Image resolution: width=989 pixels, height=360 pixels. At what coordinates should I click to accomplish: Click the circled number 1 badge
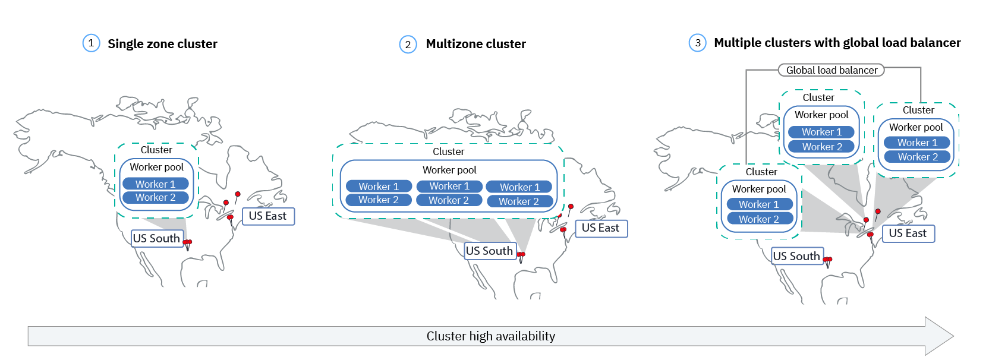tap(91, 43)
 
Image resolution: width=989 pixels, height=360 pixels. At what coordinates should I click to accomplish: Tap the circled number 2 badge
tap(408, 45)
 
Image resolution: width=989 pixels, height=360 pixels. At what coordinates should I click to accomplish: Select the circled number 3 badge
tap(698, 43)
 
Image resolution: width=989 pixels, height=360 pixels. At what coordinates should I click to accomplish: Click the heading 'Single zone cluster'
tap(162, 44)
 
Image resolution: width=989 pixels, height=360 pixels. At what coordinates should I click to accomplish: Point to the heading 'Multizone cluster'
tap(475, 44)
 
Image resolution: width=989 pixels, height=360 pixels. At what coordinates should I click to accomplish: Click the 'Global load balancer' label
tap(831, 70)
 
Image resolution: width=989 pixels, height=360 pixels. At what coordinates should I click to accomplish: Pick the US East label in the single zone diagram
tap(267, 216)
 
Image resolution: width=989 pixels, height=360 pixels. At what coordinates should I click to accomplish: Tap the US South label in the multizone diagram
tap(489, 251)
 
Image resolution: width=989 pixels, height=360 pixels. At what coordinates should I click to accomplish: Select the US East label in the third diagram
tap(908, 233)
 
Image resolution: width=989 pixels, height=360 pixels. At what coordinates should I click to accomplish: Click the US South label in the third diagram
tap(796, 256)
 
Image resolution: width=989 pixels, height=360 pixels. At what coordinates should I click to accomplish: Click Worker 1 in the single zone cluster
tap(155, 184)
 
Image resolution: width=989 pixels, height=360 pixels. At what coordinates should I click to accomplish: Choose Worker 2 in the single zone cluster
tap(155, 197)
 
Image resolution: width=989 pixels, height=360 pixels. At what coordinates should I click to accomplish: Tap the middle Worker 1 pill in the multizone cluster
tap(449, 187)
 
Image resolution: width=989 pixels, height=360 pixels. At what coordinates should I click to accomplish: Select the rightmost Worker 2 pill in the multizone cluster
tap(519, 201)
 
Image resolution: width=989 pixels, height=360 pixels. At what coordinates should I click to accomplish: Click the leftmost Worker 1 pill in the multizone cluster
tap(379, 187)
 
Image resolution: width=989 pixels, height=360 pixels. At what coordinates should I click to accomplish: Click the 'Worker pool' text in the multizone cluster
tap(449, 170)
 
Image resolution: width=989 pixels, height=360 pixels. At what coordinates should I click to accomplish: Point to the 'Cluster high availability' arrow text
tap(491, 336)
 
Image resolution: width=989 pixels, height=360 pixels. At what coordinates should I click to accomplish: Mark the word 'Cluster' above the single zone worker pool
tap(156, 150)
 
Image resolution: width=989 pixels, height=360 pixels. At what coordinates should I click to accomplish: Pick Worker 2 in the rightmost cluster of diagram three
tap(917, 157)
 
